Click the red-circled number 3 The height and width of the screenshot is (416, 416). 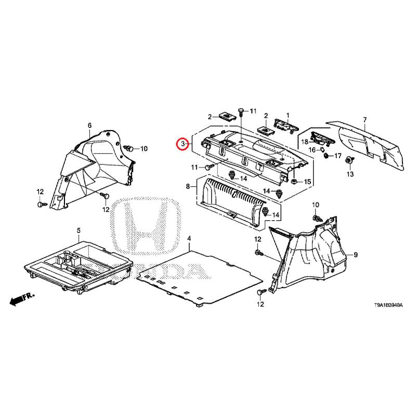coord(183,144)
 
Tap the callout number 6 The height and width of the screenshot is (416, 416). coord(89,125)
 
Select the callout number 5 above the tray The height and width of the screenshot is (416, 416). coord(79,231)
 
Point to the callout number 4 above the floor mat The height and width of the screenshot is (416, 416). coord(189,238)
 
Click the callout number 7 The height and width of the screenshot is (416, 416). coord(365,120)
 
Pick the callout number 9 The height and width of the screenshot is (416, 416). coord(356,255)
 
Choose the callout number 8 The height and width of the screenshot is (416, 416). coord(188,187)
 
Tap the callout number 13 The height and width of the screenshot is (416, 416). coord(350,174)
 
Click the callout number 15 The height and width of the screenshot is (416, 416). coord(307,181)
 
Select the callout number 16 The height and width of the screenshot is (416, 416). coord(312,150)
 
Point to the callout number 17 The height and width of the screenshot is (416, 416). coord(337,155)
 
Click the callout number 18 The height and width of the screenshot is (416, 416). coord(305,142)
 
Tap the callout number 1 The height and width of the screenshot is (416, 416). coord(288,115)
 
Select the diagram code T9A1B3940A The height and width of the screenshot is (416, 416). coord(388,306)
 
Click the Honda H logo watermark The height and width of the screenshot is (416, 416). coord(148,226)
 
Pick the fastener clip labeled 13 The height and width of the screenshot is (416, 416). coord(349,161)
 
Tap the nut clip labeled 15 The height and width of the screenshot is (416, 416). coord(294,181)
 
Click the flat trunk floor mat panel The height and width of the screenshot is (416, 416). coord(200,278)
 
